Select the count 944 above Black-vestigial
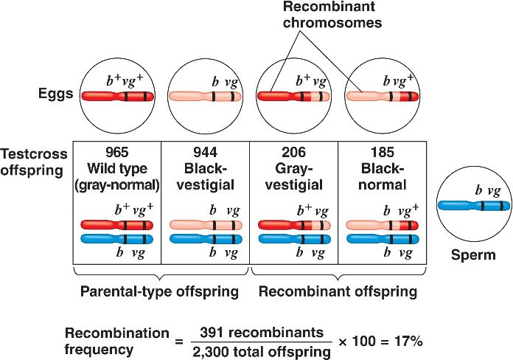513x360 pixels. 205,153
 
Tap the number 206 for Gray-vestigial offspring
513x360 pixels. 293,153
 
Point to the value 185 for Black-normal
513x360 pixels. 379,153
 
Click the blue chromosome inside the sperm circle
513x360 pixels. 470,206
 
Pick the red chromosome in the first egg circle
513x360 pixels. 116,96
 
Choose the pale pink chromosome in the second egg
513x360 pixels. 205,96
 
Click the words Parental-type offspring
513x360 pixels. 159,291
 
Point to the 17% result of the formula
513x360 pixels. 406,342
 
